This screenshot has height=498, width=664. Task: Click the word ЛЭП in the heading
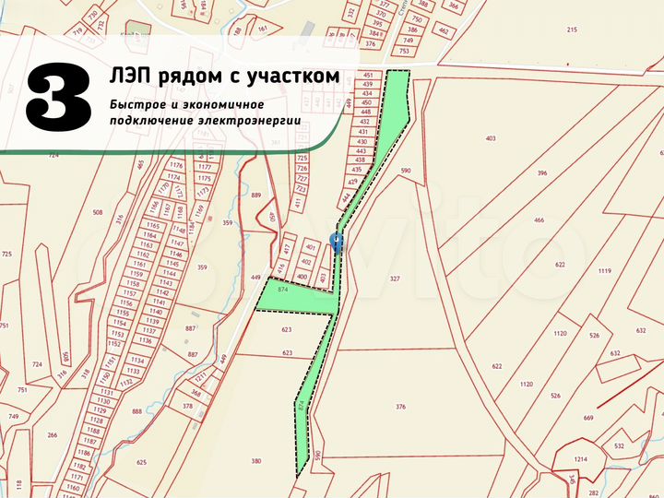point(130,76)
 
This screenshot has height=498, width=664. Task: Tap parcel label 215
point(572,30)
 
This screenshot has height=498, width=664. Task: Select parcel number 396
point(542,173)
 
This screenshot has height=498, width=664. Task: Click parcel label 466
point(539,220)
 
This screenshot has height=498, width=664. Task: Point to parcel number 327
point(395,279)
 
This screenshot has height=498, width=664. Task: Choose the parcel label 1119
point(605,270)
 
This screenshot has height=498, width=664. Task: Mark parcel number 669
point(588,419)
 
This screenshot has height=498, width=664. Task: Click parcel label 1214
point(581,459)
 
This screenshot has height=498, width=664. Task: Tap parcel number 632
point(614,352)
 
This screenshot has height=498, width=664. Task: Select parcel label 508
point(97,213)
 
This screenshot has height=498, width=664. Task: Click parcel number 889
point(256,196)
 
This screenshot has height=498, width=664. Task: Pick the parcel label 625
point(141,462)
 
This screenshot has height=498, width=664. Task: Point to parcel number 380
point(255,462)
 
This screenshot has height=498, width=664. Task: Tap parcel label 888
point(137,412)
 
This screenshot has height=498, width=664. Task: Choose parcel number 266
point(52,435)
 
